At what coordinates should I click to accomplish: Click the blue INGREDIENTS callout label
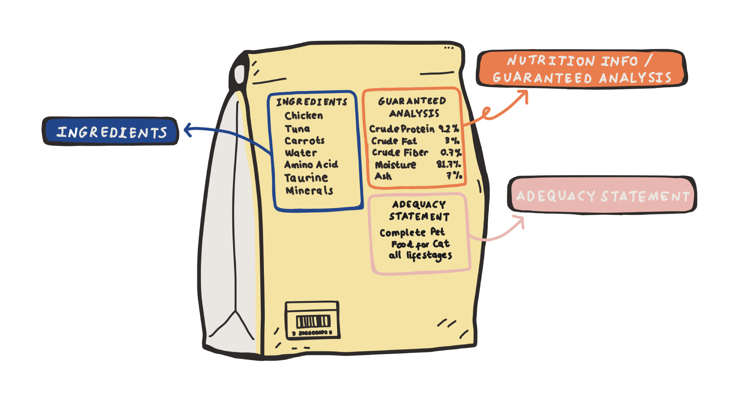(x=111, y=131)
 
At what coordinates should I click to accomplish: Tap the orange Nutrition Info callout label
(x=582, y=69)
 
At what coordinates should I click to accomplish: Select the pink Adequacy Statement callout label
(x=602, y=195)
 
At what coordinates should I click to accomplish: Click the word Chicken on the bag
(x=304, y=116)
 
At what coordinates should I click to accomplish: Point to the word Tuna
(x=297, y=129)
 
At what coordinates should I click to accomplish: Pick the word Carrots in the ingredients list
(x=305, y=141)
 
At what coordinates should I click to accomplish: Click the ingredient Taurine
(x=306, y=178)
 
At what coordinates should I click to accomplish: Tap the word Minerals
(x=309, y=190)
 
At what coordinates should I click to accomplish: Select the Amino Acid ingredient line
(x=311, y=164)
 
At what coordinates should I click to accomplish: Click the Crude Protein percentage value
(x=449, y=128)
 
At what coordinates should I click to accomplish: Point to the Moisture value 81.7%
(x=449, y=164)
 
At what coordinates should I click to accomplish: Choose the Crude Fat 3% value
(x=452, y=141)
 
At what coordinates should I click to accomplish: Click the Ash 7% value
(x=455, y=176)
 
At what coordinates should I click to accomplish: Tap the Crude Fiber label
(x=400, y=152)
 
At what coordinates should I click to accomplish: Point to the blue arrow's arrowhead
(x=188, y=130)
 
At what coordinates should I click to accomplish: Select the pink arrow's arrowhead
(x=520, y=220)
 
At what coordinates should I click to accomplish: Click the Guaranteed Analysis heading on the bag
(x=413, y=107)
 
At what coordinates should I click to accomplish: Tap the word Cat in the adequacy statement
(x=441, y=244)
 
